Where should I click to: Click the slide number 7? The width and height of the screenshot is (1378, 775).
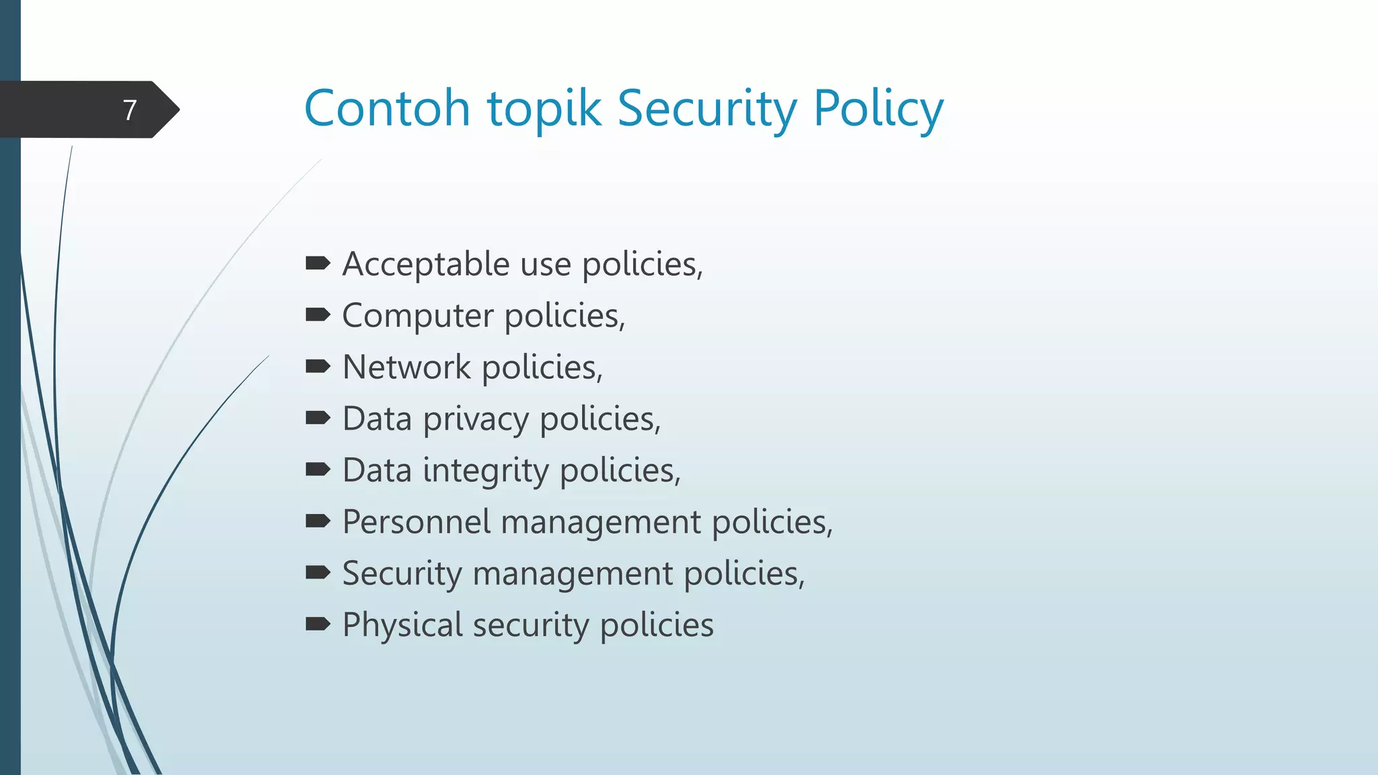pyautogui.click(x=130, y=110)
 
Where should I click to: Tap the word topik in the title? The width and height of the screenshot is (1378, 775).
pyautogui.click(x=544, y=109)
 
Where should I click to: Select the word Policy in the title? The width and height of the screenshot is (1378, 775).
pyautogui.click(x=878, y=109)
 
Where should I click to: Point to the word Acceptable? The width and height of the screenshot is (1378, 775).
pyautogui.click(x=425, y=264)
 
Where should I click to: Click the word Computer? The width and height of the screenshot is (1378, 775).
pyautogui.click(x=418, y=316)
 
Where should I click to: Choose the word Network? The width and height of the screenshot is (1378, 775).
pyautogui.click(x=406, y=367)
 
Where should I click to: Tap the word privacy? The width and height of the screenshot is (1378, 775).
pyautogui.click(x=476, y=420)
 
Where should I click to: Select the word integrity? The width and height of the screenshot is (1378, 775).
pyautogui.click(x=486, y=471)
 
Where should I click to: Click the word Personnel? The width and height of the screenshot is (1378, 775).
pyautogui.click(x=416, y=522)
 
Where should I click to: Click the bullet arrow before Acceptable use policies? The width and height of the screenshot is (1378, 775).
pyautogui.click(x=318, y=263)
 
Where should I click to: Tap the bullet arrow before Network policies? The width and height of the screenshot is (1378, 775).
pyautogui.click(x=318, y=367)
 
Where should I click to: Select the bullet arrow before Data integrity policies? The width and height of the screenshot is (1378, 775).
pyautogui.click(x=318, y=470)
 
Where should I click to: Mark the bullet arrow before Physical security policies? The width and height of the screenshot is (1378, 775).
pyautogui.click(x=318, y=624)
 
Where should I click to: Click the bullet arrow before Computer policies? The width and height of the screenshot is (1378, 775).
pyautogui.click(x=318, y=315)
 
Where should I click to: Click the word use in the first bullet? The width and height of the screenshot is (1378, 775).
pyautogui.click(x=546, y=264)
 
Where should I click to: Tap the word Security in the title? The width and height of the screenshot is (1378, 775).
pyautogui.click(x=707, y=109)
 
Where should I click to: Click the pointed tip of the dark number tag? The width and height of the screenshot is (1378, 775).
pyautogui.click(x=178, y=110)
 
